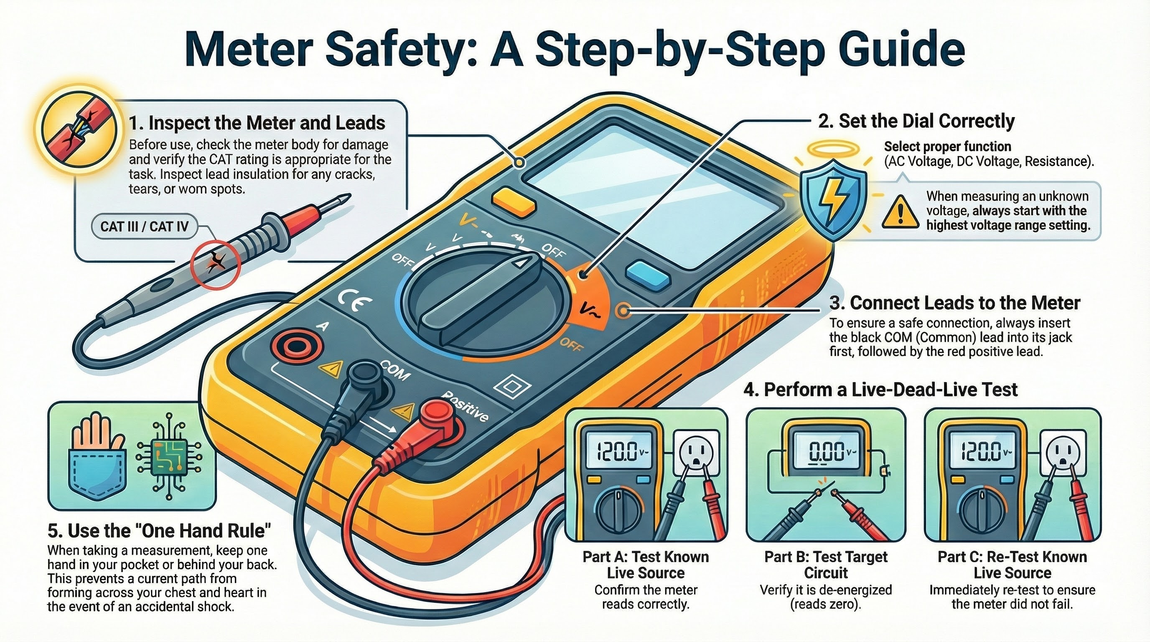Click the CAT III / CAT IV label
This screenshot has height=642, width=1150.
tap(144, 227)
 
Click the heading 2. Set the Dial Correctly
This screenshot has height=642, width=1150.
tap(916, 121)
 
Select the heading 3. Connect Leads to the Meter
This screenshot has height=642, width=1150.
tap(954, 303)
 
